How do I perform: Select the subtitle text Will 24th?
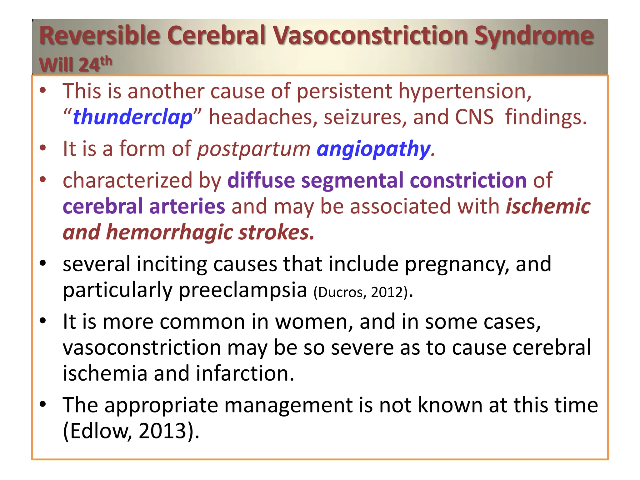click(75, 64)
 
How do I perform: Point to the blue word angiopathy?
click(374, 149)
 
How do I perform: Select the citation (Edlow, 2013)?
click(131, 431)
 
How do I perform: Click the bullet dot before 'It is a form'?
click(43, 148)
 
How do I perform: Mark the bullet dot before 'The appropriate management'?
click(43, 404)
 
